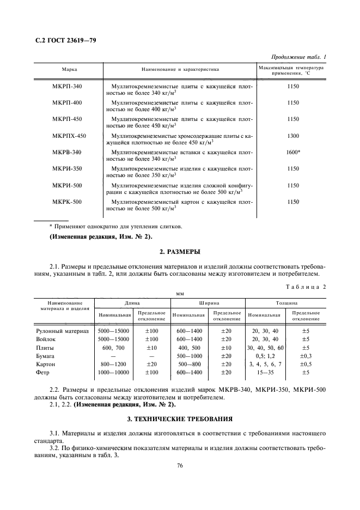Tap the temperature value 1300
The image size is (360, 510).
293,136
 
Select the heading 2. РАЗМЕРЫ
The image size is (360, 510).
179,252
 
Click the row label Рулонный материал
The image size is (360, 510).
62,331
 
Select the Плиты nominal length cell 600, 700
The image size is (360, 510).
113,347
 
